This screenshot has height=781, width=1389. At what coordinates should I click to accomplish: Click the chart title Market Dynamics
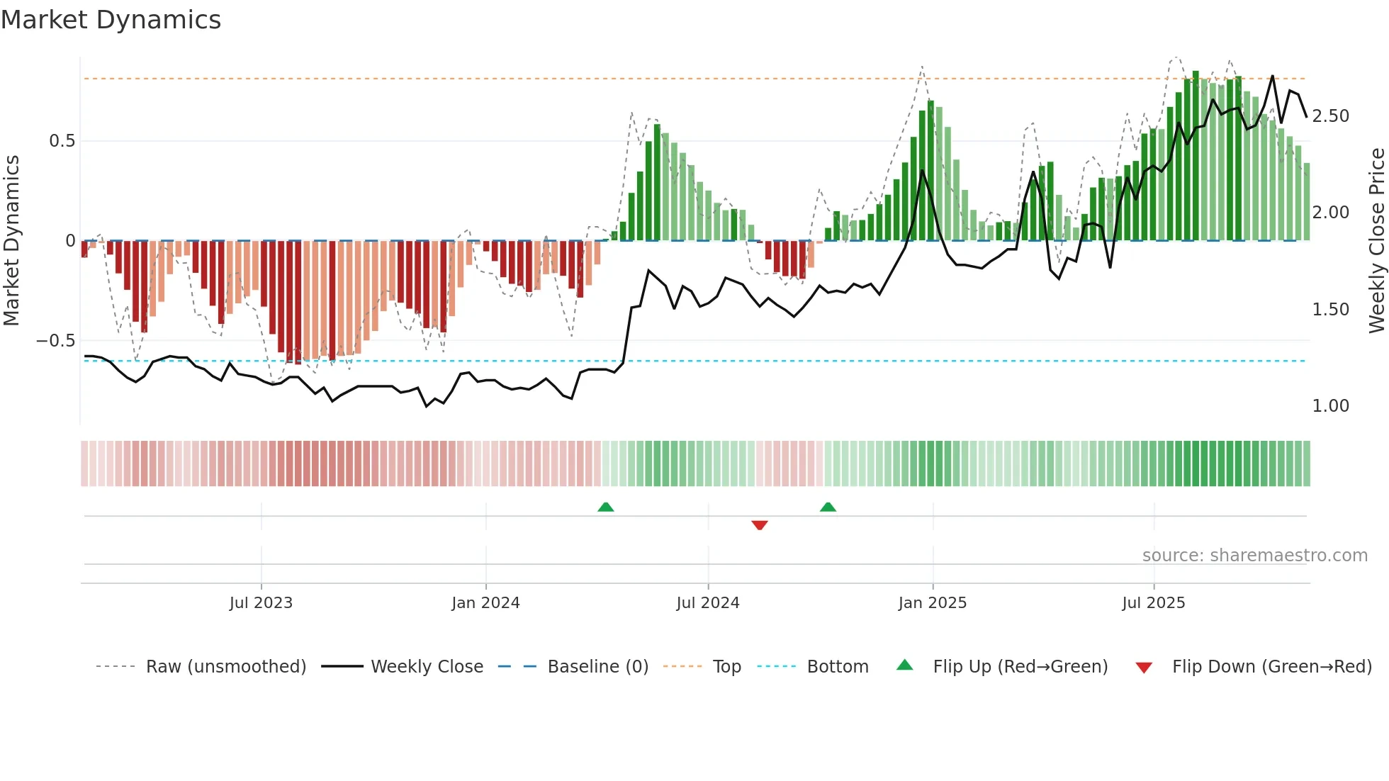click(111, 20)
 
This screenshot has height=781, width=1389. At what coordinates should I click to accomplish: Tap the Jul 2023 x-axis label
click(261, 603)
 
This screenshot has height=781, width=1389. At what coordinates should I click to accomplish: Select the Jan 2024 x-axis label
click(485, 603)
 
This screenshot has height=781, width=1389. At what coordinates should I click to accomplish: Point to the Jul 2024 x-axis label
click(708, 603)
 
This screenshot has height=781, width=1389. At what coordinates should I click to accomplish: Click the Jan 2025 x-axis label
click(932, 603)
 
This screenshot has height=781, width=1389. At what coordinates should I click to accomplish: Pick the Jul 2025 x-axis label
click(1153, 603)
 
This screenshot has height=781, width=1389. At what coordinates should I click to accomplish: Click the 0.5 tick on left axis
click(62, 141)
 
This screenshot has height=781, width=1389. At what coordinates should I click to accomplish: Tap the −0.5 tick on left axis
click(55, 341)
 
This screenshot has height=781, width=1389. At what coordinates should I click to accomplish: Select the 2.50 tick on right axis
click(1330, 116)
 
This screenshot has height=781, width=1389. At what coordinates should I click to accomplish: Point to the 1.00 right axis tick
click(1330, 406)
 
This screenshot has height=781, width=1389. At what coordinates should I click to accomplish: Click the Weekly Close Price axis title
click(1376, 240)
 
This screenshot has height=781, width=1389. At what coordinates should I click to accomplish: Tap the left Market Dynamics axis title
click(11, 240)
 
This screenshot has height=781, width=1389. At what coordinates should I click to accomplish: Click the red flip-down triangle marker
click(760, 525)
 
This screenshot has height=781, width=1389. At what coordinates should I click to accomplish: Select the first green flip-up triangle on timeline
click(605, 507)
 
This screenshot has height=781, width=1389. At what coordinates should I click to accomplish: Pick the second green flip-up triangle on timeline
click(828, 507)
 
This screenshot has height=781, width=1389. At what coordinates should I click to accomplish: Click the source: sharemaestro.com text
click(1254, 556)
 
